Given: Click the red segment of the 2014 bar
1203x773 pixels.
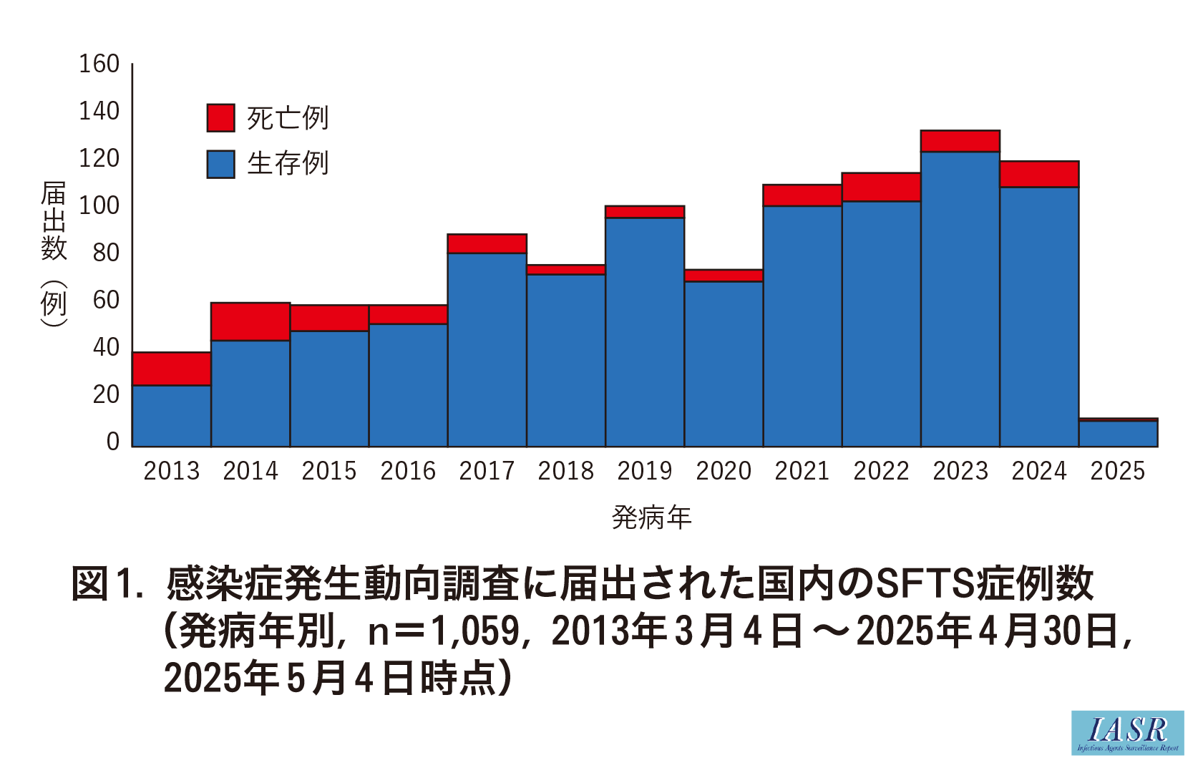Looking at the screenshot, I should coord(250,321).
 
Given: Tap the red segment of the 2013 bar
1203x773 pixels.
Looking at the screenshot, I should coord(172,369).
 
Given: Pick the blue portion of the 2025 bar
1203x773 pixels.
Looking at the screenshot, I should coord(1118,434).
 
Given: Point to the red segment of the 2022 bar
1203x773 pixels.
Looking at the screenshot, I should coord(881,187).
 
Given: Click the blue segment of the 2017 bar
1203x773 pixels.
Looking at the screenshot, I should coord(487,350).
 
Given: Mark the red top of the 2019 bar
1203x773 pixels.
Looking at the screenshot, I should coord(645,212).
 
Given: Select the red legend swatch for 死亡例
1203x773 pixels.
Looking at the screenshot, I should coord(220,118).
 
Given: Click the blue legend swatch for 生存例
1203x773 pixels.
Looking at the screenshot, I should coord(220,164).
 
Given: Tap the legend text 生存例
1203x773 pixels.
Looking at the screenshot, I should coord(288,164).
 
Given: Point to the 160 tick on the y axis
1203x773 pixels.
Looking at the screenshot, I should coord(99,64).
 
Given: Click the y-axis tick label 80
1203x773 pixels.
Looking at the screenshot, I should coord(106,253).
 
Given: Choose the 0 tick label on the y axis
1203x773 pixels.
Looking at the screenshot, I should coord(112,442).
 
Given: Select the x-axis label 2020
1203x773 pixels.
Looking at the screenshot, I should coord(724,471).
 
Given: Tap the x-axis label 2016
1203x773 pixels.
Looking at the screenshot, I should coord(408,471).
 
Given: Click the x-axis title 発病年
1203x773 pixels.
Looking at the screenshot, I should coord(651,517).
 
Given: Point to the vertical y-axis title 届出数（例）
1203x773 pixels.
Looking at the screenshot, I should coord(54,253).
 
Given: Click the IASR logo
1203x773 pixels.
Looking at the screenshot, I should coord(1127,732).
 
